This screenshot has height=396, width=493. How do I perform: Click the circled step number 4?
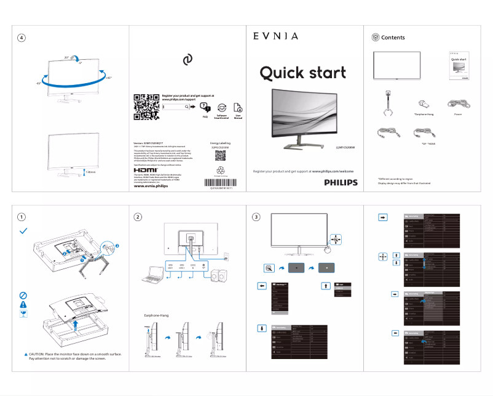point(22,38)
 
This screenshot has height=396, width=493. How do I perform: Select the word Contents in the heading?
point(393,38)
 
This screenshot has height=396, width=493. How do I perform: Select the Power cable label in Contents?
point(458,115)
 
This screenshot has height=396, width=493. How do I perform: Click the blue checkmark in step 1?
point(23,230)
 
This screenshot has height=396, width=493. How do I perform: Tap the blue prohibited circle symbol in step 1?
point(23,294)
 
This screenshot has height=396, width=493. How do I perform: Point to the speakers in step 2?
point(217,277)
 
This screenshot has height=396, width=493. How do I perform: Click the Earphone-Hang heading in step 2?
point(156,315)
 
